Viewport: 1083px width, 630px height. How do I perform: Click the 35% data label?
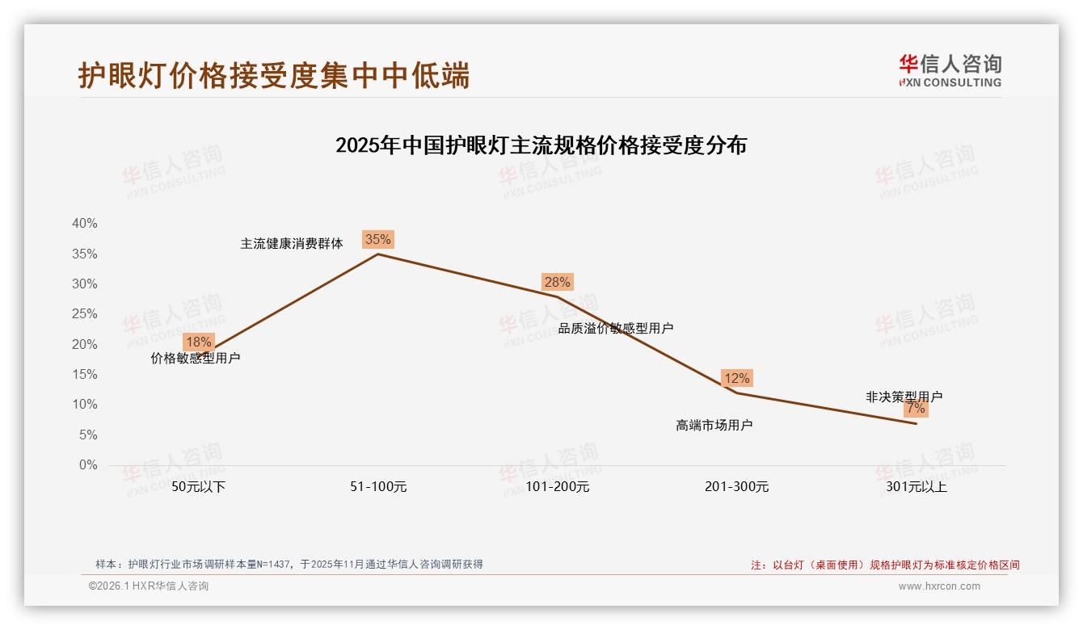coord(377,239)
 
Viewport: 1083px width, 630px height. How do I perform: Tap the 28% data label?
coord(557,282)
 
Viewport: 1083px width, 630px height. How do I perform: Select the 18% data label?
coord(198,342)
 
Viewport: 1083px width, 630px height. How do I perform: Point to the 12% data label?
coord(736,378)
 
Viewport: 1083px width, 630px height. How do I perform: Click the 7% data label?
coord(916,409)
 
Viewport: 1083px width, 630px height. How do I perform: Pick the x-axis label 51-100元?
coord(378,487)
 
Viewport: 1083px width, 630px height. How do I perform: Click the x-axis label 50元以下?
coord(199,487)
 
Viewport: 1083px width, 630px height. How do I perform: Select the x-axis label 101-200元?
coord(558,487)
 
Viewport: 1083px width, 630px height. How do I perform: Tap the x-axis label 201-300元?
coord(736,487)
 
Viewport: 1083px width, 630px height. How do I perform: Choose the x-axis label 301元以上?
coord(916,487)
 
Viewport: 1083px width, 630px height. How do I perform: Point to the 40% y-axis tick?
coord(84,224)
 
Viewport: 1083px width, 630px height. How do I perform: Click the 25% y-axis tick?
coord(84,314)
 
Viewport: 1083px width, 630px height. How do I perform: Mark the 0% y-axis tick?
coord(87,465)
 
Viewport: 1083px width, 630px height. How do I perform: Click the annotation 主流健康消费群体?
coord(292,243)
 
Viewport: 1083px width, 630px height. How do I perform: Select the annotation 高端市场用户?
coord(714,425)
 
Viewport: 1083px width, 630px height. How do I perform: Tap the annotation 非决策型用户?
coord(904,397)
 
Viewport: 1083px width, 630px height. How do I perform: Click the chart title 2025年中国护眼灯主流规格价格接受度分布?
coord(541,145)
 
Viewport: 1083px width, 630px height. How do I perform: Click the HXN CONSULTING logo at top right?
coord(950,71)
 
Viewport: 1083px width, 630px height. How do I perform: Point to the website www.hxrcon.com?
coord(939,586)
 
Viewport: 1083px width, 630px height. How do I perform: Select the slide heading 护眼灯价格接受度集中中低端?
coord(274,76)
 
